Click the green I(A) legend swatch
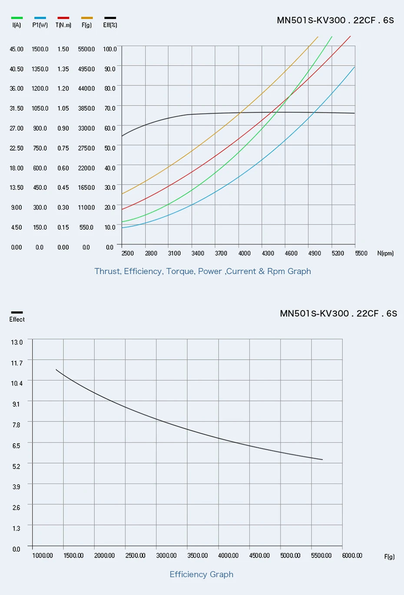[x=17, y=18]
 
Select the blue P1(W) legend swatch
[x=40, y=18]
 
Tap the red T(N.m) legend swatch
[x=63, y=18]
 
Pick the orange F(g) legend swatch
[x=87, y=18]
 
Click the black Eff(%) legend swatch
[x=110, y=18]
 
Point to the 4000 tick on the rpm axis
[x=244, y=253]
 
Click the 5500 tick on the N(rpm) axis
[x=361, y=253]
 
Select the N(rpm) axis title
[x=385, y=253]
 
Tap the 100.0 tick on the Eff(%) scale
[x=110, y=49]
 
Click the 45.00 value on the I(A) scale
[x=17, y=49]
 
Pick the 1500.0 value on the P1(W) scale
[x=40, y=49]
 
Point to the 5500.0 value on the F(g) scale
[x=86, y=49]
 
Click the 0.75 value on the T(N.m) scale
[x=63, y=148]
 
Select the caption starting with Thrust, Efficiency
[x=202, y=271]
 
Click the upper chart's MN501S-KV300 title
[x=335, y=20]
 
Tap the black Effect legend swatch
[x=17, y=312]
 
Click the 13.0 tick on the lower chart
[x=17, y=342]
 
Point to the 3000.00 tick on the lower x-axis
[x=166, y=556]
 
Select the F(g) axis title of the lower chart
[x=389, y=557]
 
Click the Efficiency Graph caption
[x=202, y=574]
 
